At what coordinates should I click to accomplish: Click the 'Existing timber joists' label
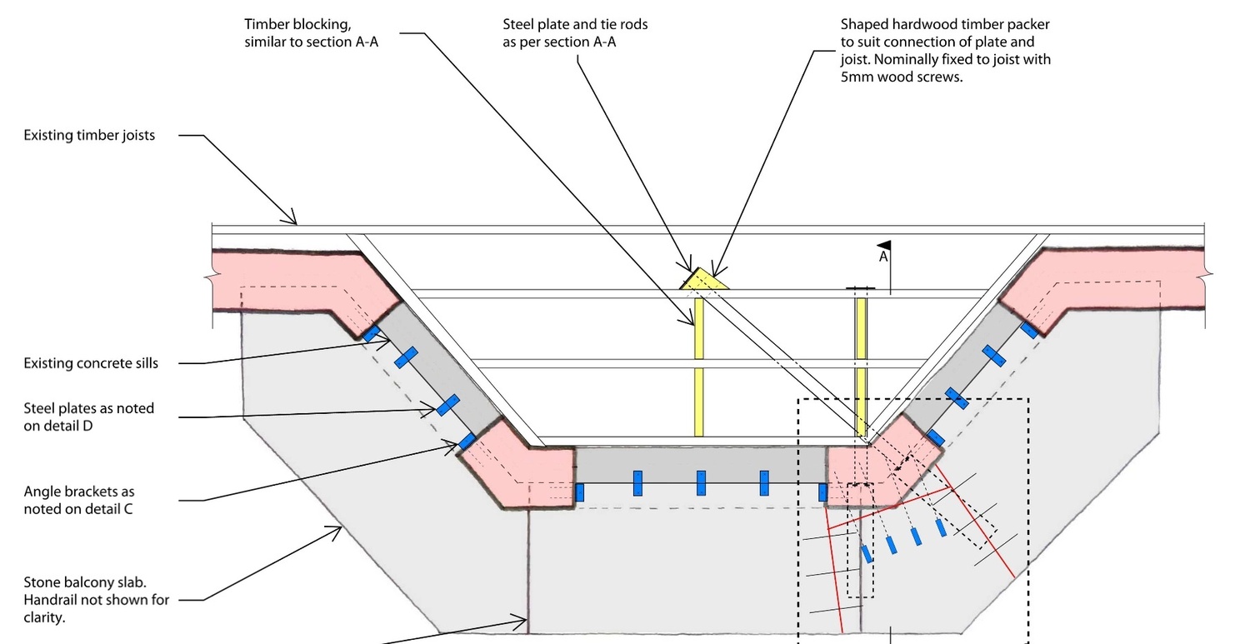click(89, 135)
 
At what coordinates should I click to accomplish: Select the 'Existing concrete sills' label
click(91, 363)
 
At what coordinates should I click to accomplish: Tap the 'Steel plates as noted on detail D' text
click(89, 417)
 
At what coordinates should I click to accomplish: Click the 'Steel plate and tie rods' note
click(575, 32)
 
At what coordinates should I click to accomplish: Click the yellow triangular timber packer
click(705, 281)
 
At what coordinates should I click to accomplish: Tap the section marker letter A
click(883, 257)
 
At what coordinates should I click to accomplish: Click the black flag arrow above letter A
click(885, 245)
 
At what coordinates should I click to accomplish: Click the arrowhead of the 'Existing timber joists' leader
click(294, 222)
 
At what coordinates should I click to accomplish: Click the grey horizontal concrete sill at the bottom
click(700, 465)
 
